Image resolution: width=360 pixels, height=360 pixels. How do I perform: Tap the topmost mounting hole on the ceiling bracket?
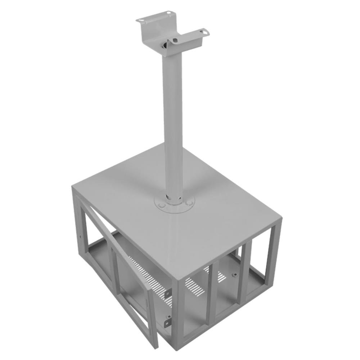[x=168, y=14]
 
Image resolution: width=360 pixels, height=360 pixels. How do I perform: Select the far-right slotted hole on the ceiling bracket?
[x=205, y=32]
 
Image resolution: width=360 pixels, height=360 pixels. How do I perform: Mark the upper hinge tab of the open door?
[x=168, y=294]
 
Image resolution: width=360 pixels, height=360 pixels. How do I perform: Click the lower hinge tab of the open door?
[x=167, y=321]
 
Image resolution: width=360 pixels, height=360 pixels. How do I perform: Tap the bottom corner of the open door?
[x=156, y=346]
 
